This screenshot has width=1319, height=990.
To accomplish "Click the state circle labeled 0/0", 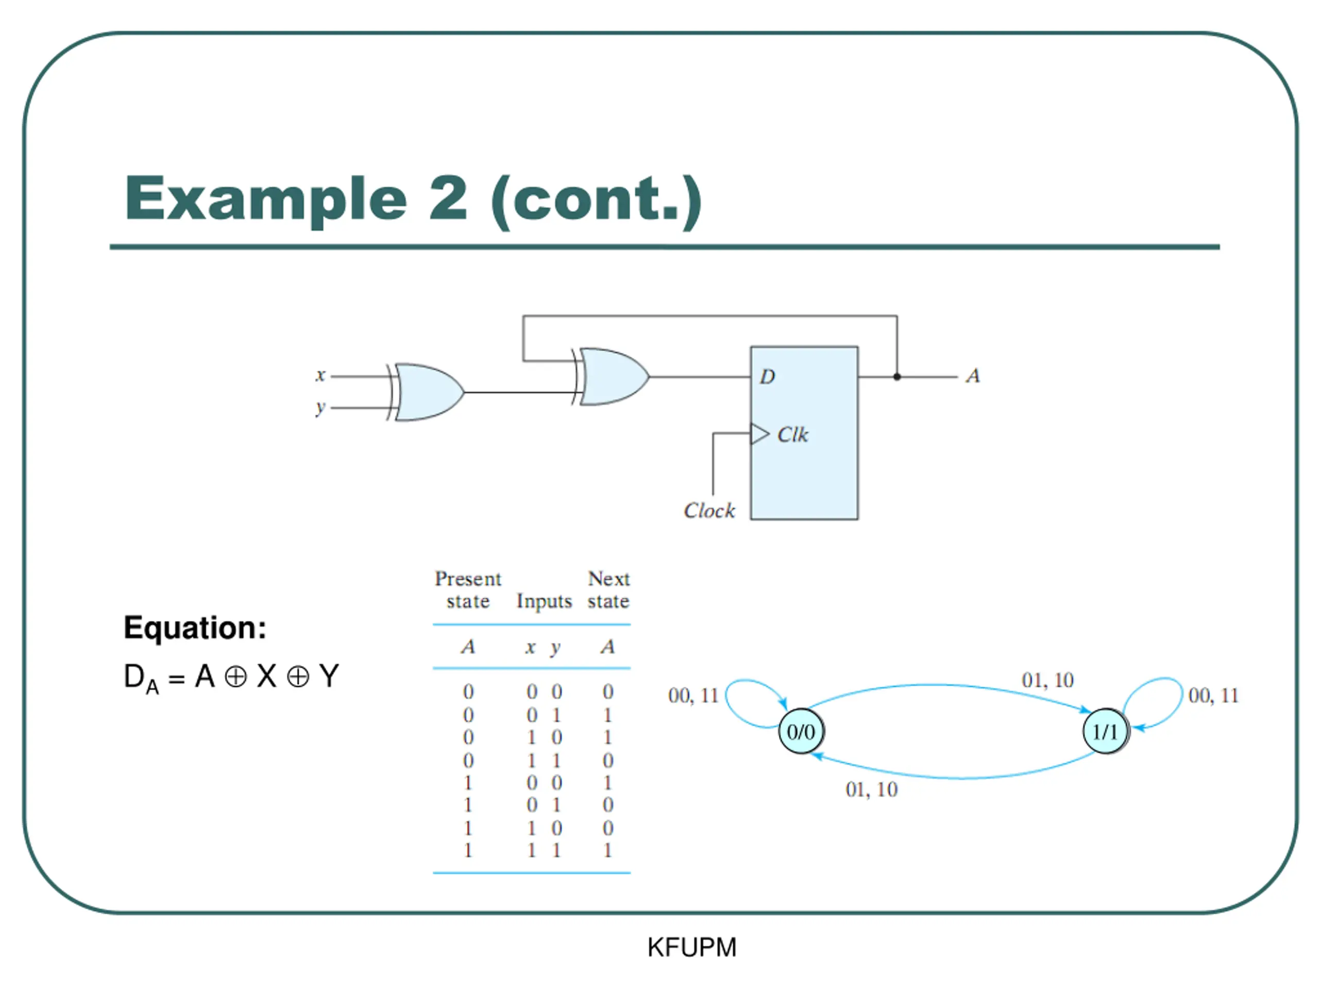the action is (x=801, y=732).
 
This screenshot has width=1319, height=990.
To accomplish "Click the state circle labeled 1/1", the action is (x=1106, y=732).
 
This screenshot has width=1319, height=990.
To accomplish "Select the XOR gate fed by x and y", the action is (x=426, y=392).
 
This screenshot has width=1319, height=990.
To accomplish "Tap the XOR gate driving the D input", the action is (x=611, y=377).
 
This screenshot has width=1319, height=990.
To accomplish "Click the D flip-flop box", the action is (x=804, y=433).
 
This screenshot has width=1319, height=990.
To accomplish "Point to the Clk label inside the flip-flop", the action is (x=792, y=435).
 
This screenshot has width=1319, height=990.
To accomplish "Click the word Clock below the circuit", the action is (x=709, y=511).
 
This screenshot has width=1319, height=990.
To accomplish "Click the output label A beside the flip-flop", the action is (x=973, y=376).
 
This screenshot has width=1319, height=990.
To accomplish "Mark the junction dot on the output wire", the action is (x=897, y=377).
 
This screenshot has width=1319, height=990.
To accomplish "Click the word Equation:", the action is (x=195, y=629).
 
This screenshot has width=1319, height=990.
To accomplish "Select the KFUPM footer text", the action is (x=691, y=948).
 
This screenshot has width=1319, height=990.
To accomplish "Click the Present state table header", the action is (x=468, y=589).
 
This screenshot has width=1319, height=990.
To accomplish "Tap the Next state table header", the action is (x=608, y=589).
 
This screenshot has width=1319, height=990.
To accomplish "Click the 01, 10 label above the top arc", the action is (x=1047, y=680).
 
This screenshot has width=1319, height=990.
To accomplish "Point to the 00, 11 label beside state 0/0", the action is (x=694, y=696).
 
